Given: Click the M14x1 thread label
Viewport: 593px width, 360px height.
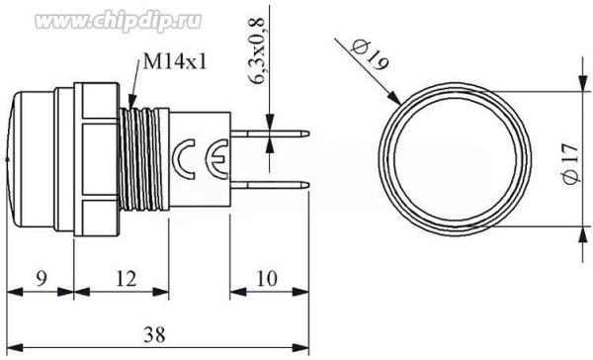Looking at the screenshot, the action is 175,61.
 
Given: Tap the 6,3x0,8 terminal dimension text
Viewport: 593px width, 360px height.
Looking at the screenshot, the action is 257,50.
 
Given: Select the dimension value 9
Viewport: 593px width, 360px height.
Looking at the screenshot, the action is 41,279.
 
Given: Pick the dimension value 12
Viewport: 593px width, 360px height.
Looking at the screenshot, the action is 126,279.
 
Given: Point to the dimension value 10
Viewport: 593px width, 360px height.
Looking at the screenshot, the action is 267,279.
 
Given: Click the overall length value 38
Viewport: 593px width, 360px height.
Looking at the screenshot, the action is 154,334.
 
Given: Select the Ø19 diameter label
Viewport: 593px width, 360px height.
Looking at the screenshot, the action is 369,55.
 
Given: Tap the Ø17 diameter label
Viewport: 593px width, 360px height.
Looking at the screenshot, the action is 570,163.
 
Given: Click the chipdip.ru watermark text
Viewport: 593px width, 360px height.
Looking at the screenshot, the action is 118,21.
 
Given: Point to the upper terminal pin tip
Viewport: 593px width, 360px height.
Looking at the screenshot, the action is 308,134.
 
